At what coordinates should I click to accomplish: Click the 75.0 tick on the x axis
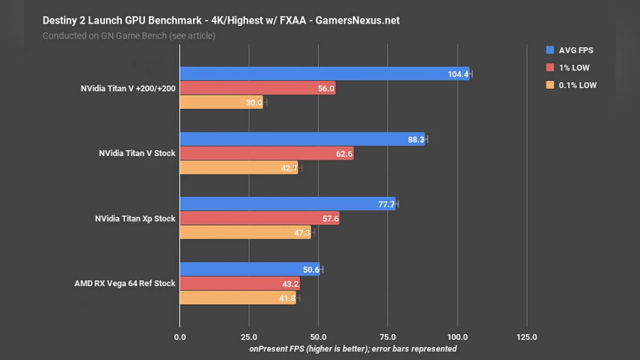point(388,337)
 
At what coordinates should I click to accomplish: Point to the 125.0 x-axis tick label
point(526,337)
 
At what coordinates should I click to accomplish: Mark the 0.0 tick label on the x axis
point(180,337)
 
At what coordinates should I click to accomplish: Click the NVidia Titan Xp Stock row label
point(135,218)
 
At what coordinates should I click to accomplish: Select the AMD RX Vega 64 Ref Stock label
point(125,283)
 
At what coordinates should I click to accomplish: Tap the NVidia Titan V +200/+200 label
point(128,88)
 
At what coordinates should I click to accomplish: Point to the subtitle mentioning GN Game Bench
point(129,36)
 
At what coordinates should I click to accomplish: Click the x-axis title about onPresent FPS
point(353,348)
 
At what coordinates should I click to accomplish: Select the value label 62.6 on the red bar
point(341,154)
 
